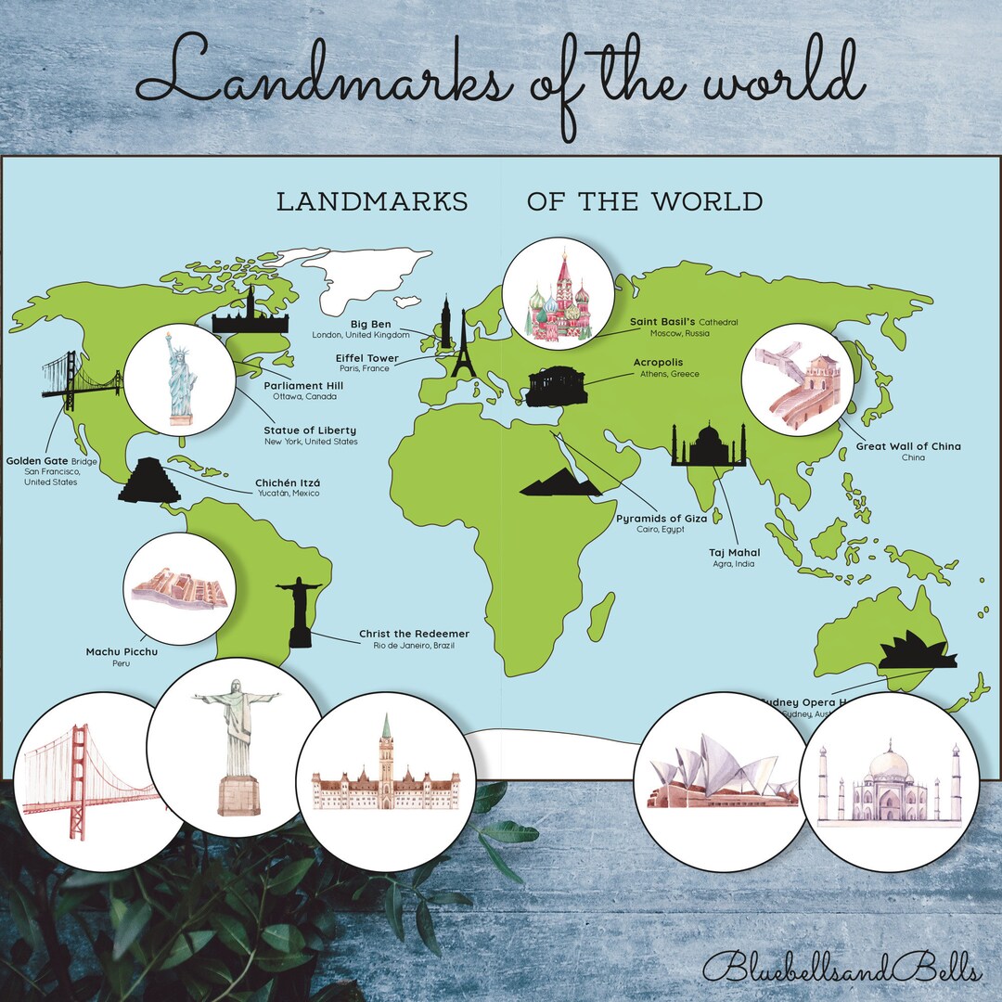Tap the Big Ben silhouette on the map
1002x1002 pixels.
(446, 321)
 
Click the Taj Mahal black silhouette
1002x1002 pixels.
(709, 447)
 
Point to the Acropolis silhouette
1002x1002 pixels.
(557, 386)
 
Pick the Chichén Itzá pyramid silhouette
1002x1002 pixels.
(148, 482)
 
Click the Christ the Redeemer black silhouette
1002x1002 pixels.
(299, 612)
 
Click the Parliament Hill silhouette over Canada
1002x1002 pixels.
(244, 315)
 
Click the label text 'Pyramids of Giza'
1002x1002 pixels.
(662, 518)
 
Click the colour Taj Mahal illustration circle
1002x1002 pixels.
(889, 784)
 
